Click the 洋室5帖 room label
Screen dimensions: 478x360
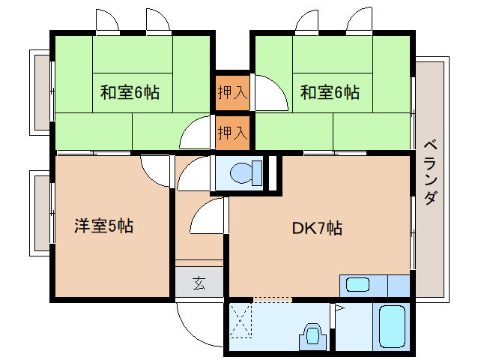(103, 226)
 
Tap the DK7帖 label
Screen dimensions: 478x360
(317, 228)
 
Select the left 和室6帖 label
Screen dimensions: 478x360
(130, 92)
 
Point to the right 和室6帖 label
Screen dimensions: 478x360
(330, 92)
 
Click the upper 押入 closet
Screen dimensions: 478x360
(232, 92)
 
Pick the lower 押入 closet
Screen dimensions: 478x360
(232, 133)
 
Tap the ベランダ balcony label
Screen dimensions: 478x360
(431, 172)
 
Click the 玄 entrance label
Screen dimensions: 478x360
(199, 283)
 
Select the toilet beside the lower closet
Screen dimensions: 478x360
(246, 173)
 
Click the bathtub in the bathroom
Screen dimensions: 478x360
(392, 327)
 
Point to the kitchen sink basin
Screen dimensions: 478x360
(358, 285)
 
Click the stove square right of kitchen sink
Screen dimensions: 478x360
(399, 286)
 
